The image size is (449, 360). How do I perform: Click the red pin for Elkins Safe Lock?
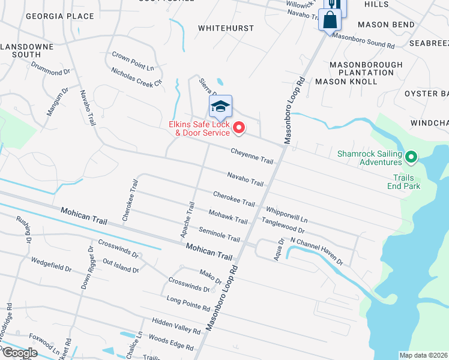239,127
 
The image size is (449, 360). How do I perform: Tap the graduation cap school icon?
220,106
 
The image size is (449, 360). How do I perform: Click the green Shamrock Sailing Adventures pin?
411,158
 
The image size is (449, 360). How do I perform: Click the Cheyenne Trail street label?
252,157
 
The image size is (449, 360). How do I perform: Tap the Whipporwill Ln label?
286,213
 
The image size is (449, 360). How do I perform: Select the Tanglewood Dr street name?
283,226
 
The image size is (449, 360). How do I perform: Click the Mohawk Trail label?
228,217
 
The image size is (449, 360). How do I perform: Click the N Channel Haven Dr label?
316,251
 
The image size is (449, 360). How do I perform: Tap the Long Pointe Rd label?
188,303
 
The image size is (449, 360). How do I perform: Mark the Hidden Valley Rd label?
176,326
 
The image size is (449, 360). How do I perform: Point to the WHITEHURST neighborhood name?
226,28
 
